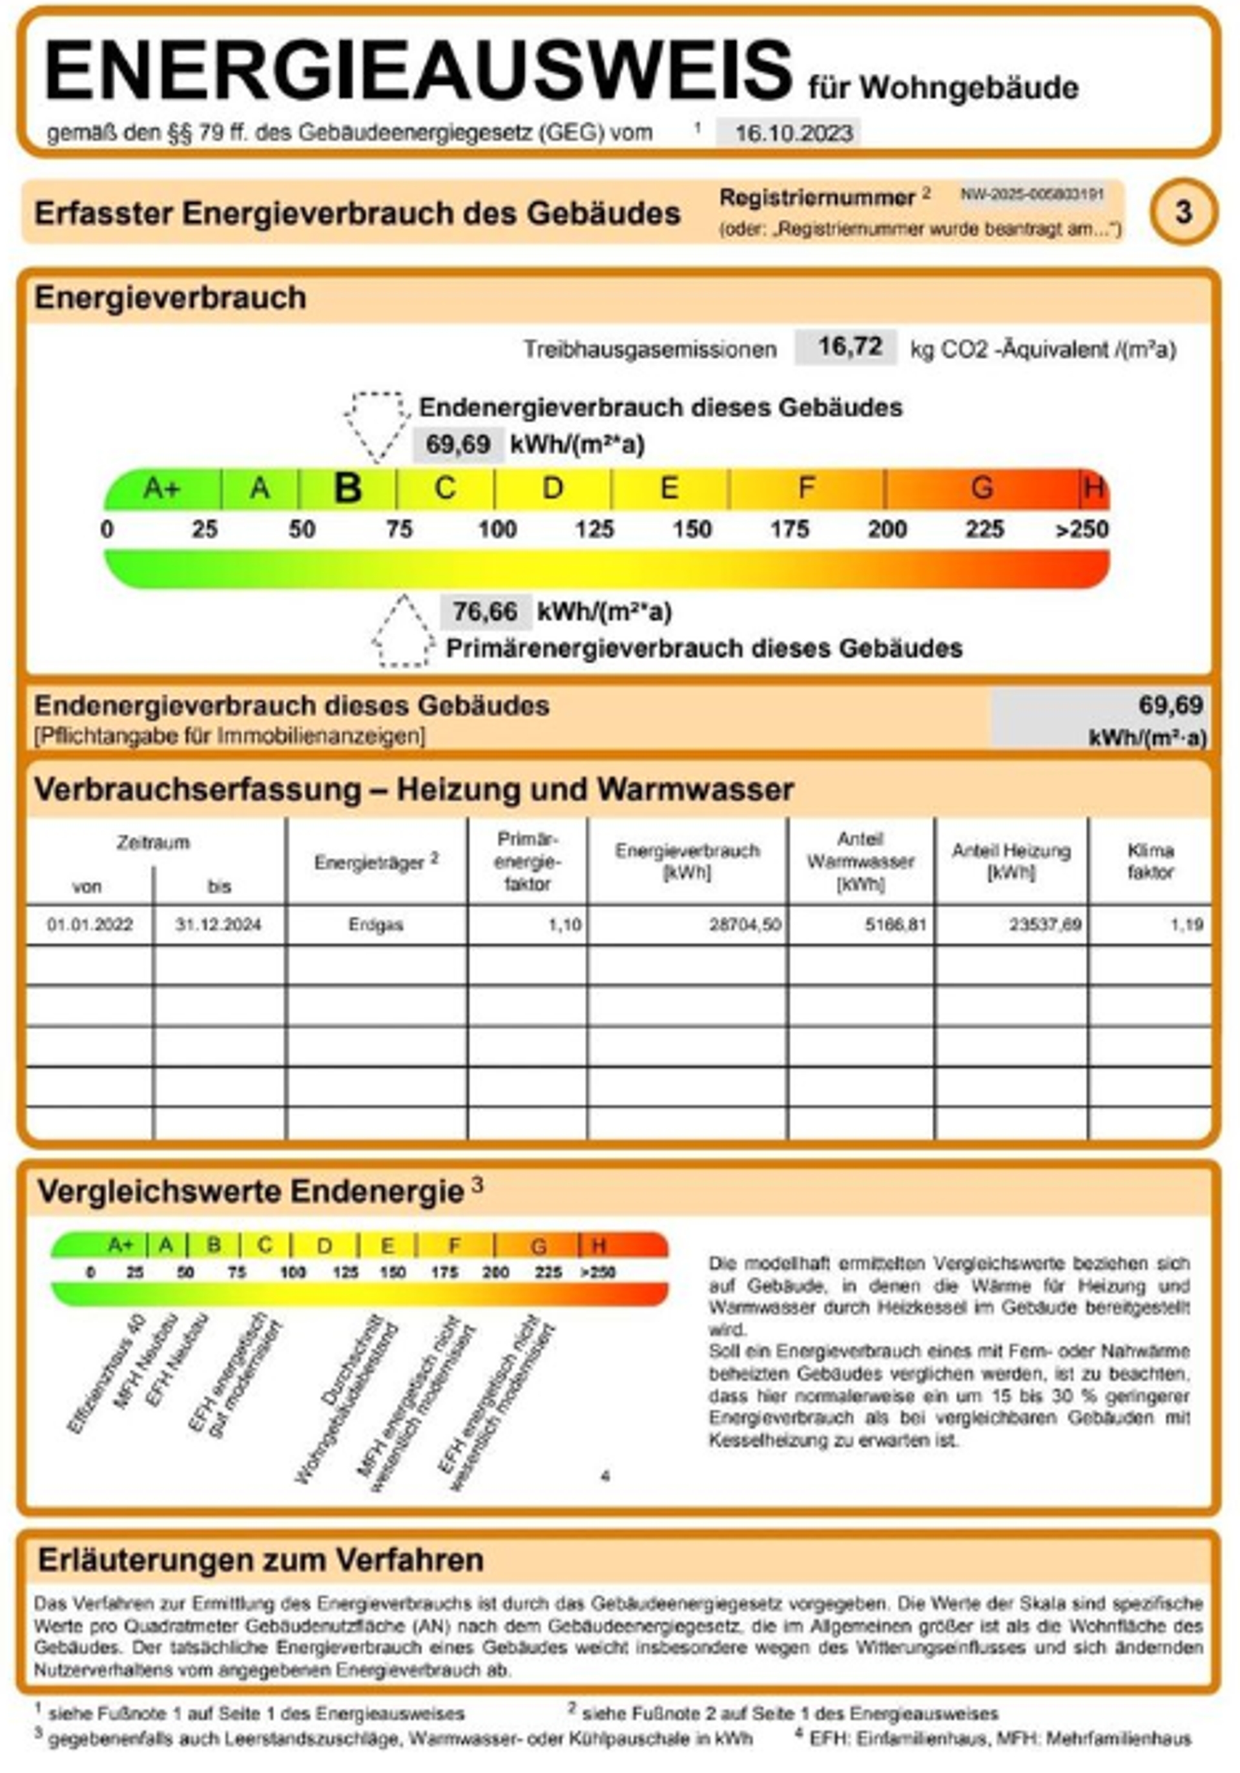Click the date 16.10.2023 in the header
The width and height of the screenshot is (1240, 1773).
[x=793, y=133]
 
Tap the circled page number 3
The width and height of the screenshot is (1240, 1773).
[x=1183, y=212]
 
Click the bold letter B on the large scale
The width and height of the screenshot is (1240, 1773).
[x=347, y=488]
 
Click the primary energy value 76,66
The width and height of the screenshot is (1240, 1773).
[x=485, y=612]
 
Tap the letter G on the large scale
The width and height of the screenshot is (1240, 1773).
[x=982, y=488]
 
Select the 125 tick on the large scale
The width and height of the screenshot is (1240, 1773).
[x=594, y=530]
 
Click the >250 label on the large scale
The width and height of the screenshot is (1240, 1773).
[x=1082, y=530]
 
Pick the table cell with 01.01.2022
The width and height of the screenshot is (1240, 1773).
[x=90, y=924]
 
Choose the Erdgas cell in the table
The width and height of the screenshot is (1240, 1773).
[x=375, y=924]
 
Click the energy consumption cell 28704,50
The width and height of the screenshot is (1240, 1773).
[x=744, y=924]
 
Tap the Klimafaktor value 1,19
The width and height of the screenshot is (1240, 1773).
[x=1187, y=924]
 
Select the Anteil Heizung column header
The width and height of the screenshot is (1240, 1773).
[x=1011, y=861]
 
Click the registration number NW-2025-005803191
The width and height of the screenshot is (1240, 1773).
[x=1031, y=194]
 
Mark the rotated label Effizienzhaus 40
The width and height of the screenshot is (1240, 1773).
[x=107, y=1376]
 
